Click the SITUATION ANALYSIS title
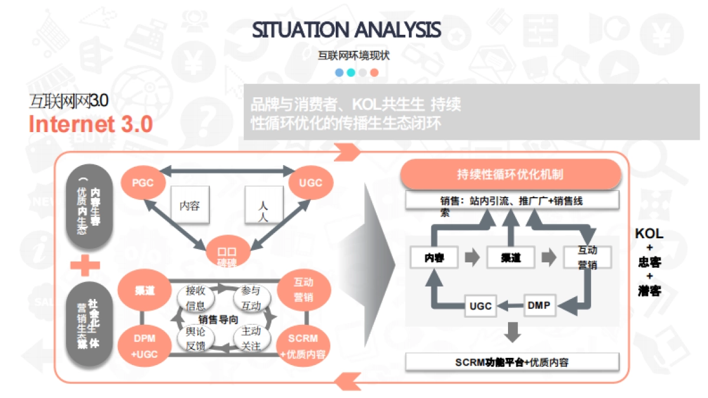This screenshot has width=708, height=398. click(346, 29)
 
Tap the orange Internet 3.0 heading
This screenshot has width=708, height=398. click(91, 124)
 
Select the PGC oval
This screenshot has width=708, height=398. click(143, 183)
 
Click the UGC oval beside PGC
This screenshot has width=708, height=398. click(311, 183)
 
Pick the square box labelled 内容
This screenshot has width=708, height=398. click(190, 206)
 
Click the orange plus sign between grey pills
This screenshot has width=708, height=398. click(85, 267)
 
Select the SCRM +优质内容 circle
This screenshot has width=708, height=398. click(303, 346)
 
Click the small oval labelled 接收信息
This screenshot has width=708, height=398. click(195, 298)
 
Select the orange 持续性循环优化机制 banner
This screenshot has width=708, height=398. click(510, 174)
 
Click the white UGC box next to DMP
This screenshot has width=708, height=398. click(481, 306)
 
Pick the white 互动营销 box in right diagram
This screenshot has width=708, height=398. click(587, 257)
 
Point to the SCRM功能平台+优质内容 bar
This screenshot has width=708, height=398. click(512, 362)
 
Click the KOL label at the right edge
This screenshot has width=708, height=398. click(649, 233)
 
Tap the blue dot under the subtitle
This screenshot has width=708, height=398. click(339, 73)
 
